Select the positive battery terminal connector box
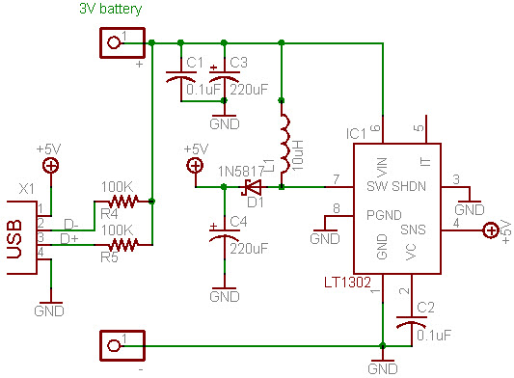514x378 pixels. point(122,41)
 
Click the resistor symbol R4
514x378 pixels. point(122,202)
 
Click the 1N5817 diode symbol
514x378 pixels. point(254,186)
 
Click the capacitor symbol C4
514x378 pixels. point(223,234)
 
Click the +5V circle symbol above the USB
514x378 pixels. point(49,166)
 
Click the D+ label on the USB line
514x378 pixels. point(70,237)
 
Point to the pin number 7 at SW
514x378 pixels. point(335,178)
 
